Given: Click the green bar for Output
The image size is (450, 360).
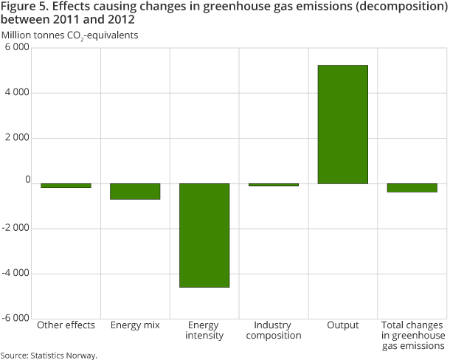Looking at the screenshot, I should [x=342, y=124].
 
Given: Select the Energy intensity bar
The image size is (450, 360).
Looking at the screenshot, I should [x=204, y=235].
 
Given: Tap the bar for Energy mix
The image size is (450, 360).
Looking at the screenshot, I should [x=135, y=191].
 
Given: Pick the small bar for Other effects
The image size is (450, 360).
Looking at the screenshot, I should [x=66, y=185].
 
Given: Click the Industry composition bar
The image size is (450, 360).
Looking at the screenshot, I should [x=273, y=184].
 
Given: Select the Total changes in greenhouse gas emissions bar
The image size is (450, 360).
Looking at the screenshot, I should [x=412, y=187].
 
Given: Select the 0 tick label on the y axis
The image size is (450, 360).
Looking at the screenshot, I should [x=27, y=180].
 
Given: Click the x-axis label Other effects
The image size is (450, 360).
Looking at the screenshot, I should [x=66, y=325].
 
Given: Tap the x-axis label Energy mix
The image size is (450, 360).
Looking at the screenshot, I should [x=135, y=325].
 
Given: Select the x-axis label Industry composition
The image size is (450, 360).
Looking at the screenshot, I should [x=273, y=330].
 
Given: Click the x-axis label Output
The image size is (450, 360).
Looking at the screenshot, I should [x=342, y=325].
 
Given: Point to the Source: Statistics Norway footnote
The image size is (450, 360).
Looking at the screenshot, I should [x=49, y=355].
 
